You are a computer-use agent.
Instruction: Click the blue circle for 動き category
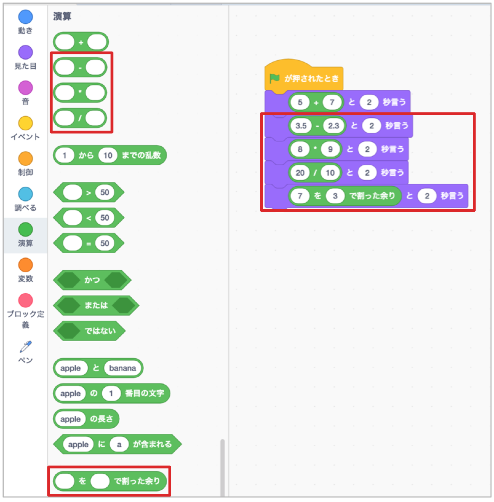[25, 17]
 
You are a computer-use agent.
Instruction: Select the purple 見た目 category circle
[25, 52]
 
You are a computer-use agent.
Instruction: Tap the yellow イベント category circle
[25, 123]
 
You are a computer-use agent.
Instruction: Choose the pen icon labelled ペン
[25, 347]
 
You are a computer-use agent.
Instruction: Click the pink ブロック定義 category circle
[25, 300]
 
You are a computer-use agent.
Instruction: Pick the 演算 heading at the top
[62, 16]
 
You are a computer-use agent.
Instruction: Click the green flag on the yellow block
[274, 78]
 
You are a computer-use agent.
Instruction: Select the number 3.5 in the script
[301, 126]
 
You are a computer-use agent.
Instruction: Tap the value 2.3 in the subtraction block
[333, 126]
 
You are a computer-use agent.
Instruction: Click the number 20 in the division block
[300, 173]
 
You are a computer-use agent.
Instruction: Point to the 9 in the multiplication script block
[330, 149]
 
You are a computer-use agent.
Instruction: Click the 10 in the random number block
[108, 155]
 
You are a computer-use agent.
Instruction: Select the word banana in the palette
[122, 368]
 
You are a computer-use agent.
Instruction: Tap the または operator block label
[96, 305]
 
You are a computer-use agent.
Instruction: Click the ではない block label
[100, 331]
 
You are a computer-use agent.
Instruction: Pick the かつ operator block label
[92, 280]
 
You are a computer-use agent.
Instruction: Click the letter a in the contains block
[119, 445]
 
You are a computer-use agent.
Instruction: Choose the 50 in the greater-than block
[105, 193]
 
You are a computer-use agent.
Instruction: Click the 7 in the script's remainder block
[300, 196]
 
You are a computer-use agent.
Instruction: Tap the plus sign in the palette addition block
[81, 42]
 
